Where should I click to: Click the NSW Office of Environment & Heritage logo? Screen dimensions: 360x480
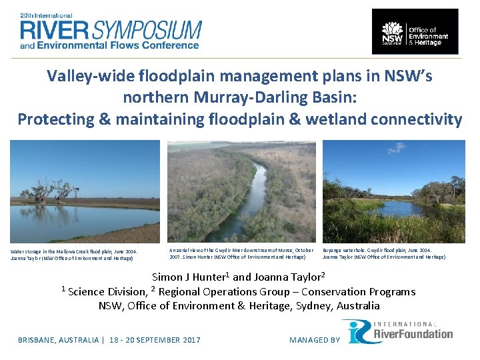click(x=415, y=31)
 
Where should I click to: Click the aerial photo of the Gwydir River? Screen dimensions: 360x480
click(x=241, y=191)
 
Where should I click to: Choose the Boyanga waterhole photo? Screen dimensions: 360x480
click(x=393, y=191)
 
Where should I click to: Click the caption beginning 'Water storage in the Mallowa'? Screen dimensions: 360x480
click(x=75, y=254)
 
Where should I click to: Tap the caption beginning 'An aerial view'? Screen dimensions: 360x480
click(x=241, y=253)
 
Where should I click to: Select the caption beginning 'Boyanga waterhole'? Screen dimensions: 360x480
click(x=384, y=253)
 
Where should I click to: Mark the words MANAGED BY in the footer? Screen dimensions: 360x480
click(x=314, y=340)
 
